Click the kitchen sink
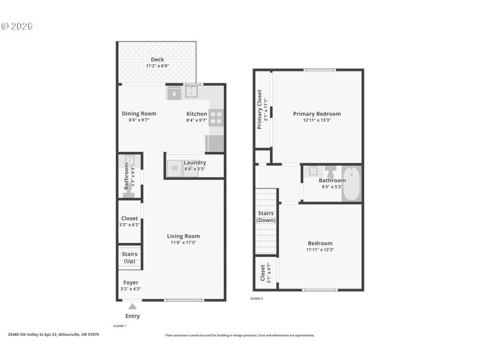point(191,92)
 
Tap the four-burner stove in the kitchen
point(216,118)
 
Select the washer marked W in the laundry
point(175,168)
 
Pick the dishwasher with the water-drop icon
point(174,93)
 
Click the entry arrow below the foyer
point(133,307)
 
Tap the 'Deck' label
point(157,59)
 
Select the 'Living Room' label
point(184,236)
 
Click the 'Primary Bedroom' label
point(317,113)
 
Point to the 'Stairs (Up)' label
point(130,258)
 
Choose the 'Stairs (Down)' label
point(266,217)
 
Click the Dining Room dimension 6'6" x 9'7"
point(139,120)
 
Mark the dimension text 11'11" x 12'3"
point(320,250)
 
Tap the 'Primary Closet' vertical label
point(259,109)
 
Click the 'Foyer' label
point(131,282)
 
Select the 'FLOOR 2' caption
point(256,298)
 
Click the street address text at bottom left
point(53,335)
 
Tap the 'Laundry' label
point(195,163)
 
